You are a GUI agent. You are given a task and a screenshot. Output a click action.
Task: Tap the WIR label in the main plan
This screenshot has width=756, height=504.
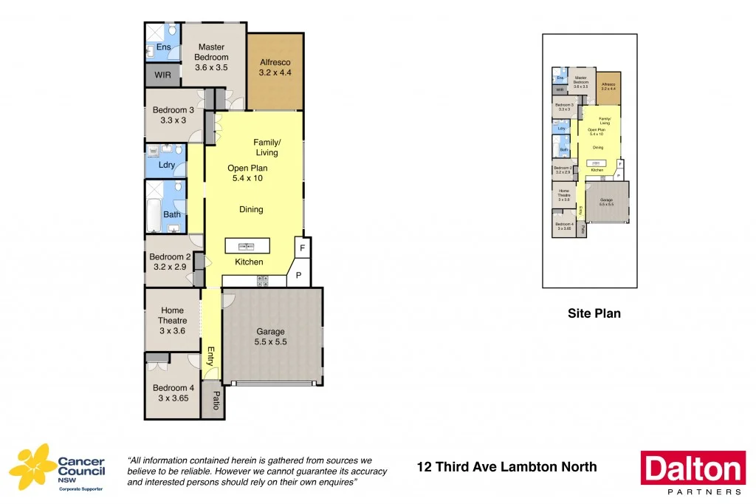pos(162,75)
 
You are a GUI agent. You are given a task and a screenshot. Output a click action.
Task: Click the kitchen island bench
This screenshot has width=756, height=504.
pos(247,245)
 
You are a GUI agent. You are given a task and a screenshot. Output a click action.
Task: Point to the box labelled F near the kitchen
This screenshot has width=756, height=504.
pos(303,246)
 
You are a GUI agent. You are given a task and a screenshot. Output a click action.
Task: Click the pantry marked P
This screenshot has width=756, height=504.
pos(299,274)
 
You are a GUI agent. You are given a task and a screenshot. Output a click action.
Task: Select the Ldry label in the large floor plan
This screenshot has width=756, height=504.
pos(167,165)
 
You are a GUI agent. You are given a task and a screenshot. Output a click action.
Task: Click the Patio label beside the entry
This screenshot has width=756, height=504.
pos(216,400)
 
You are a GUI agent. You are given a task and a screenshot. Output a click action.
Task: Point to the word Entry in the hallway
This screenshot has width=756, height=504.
pos(210,356)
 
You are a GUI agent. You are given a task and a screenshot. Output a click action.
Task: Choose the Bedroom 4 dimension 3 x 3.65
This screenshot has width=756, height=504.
pos(173,398)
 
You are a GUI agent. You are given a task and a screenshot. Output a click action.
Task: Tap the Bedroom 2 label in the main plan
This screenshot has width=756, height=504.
pos(172,257)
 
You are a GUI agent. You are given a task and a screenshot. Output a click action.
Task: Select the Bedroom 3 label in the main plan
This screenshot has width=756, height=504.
pos(173,110)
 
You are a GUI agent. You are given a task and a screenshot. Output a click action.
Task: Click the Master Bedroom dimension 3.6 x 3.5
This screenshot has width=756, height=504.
pos(211,67)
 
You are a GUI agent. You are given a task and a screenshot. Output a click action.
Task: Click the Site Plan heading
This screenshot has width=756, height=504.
pos(594,313)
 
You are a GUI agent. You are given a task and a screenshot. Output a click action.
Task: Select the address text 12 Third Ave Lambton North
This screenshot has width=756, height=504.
pos(506,466)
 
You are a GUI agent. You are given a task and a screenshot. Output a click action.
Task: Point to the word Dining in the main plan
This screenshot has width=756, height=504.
pos(251,209)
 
